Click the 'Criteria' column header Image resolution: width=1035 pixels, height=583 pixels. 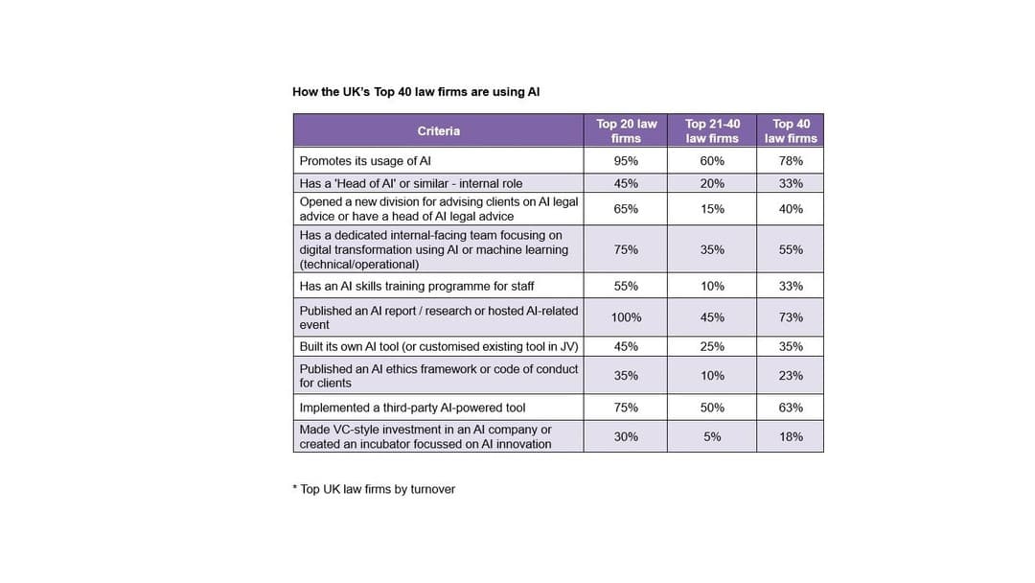pos(438,131)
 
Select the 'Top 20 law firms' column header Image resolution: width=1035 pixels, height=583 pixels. pos(626,131)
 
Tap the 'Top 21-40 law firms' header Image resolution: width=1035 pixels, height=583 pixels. pos(712,131)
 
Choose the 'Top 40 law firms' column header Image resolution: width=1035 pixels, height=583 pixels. pos(791,131)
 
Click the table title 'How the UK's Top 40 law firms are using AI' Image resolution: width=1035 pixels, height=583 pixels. pos(416,92)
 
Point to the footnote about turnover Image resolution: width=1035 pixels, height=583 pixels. pos(374,489)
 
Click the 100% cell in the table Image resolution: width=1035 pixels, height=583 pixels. pos(626,317)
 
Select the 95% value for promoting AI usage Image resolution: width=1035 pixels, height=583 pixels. pos(626,161)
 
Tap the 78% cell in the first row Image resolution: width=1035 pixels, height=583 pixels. pos(791,161)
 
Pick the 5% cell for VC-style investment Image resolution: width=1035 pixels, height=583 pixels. pos(712,436)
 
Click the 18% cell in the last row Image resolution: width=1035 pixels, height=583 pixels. pos(791,436)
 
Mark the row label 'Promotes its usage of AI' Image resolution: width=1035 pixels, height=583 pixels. pos(365,161)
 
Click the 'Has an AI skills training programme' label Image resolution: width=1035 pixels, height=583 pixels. pos(417,286)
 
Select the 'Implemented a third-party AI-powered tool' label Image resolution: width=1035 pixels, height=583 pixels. pos(412,408)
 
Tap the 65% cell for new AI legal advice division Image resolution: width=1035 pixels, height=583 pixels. pos(626,209)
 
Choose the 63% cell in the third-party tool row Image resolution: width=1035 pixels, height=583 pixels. pos(791,408)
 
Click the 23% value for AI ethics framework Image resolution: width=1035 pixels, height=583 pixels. pos(791,376)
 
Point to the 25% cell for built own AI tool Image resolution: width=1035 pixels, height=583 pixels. pos(712,346)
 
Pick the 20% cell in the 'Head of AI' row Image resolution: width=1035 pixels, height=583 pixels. pos(712,183)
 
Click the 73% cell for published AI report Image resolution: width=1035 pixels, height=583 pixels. pos(791,317)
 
